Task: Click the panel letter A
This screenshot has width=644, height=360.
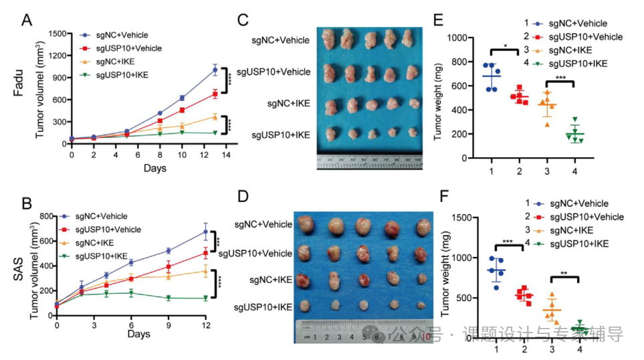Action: pos(27,19)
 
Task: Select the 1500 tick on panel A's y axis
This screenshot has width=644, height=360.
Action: pos(59,33)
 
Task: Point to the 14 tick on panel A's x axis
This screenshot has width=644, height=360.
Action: pos(227,154)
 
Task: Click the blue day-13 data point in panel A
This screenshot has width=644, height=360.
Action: pos(215,70)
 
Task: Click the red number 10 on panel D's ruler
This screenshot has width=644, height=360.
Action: pos(427,337)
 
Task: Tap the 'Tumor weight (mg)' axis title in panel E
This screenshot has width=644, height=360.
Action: pos(438,98)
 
